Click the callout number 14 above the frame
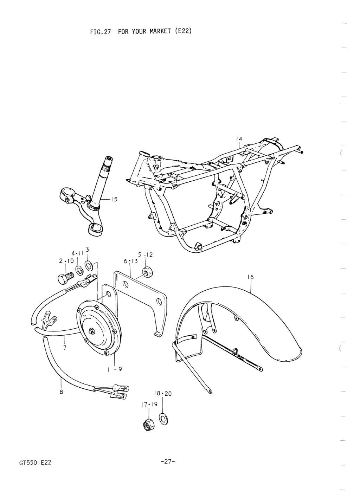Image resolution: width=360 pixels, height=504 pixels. click(x=239, y=139)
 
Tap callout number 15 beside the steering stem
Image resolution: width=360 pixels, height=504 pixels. click(x=114, y=199)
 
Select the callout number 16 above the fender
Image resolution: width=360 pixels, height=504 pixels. click(x=250, y=277)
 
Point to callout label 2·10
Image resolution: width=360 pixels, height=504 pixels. click(x=66, y=261)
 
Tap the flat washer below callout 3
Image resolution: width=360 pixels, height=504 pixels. click(x=89, y=266)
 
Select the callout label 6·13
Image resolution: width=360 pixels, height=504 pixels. click(x=131, y=261)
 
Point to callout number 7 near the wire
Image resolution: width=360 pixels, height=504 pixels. click(x=65, y=348)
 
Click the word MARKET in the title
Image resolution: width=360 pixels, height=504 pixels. click(x=160, y=31)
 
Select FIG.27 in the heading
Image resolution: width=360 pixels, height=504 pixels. click(x=100, y=32)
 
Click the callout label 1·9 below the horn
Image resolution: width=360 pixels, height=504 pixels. click(x=115, y=369)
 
